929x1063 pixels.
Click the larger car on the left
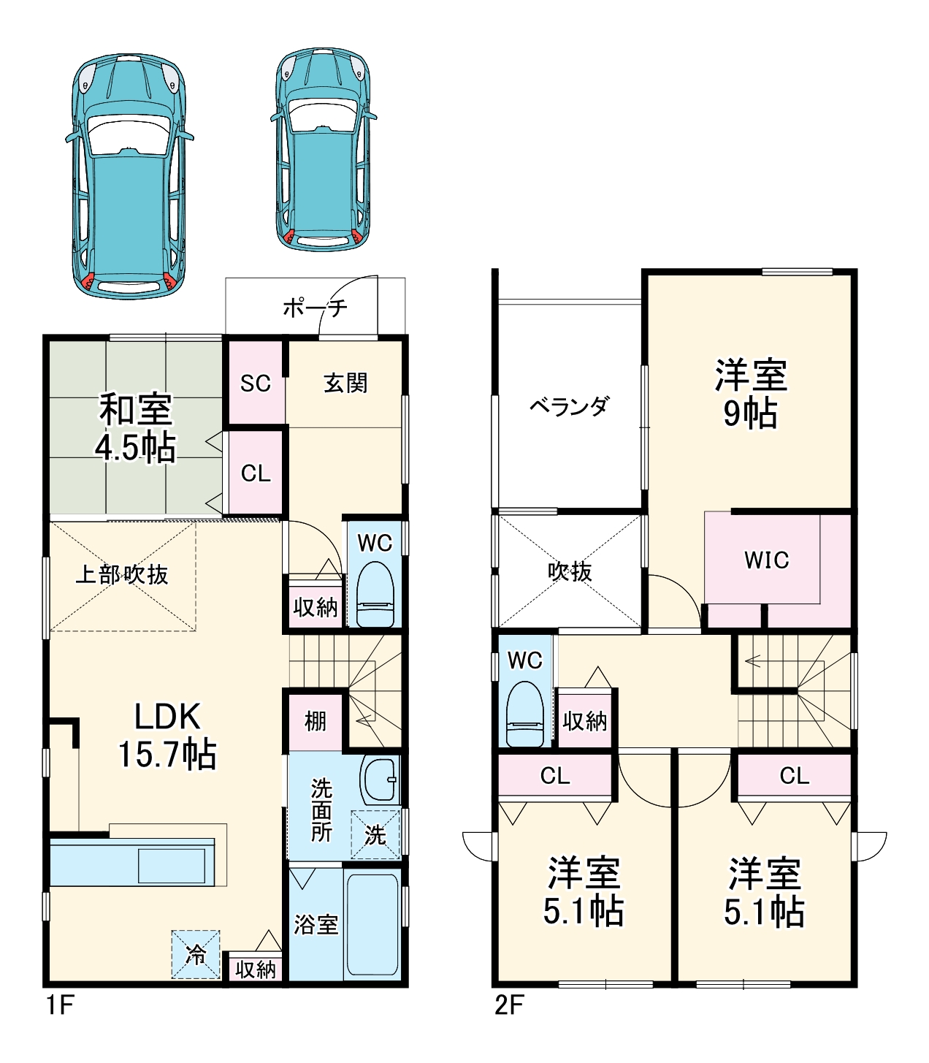tap(129, 175)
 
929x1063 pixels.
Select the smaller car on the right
tap(323, 150)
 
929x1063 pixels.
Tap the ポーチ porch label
tap(315, 308)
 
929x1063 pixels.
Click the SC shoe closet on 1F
tap(256, 383)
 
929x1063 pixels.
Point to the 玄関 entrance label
tap(345, 383)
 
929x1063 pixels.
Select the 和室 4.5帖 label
tap(136, 428)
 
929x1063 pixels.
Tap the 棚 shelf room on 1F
tap(315, 721)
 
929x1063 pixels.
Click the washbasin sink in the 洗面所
tap(379, 780)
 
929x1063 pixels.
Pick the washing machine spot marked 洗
tap(375, 834)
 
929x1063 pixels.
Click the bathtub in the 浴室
tap(372, 924)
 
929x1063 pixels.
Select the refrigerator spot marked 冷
tap(195, 954)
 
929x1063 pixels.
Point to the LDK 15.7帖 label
tap(167, 735)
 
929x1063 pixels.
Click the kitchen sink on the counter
tap(172, 866)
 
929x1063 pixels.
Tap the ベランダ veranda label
tap(568, 406)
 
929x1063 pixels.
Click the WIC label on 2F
tap(766, 560)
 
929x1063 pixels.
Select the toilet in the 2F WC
tap(524, 713)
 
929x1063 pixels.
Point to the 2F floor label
tap(509, 1005)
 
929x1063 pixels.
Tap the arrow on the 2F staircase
tap(752, 662)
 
